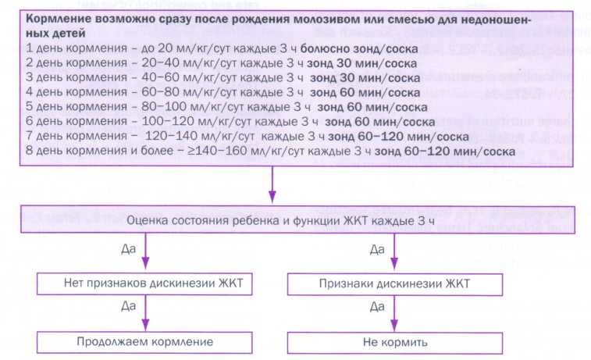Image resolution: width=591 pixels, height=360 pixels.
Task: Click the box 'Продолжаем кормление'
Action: (x=144, y=342)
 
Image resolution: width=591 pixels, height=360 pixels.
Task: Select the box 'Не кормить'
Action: (x=393, y=342)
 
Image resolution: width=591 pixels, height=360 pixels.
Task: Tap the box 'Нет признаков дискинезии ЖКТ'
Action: (x=144, y=283)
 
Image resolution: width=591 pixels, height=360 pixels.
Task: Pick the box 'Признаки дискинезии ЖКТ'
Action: (x=393, y=283)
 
